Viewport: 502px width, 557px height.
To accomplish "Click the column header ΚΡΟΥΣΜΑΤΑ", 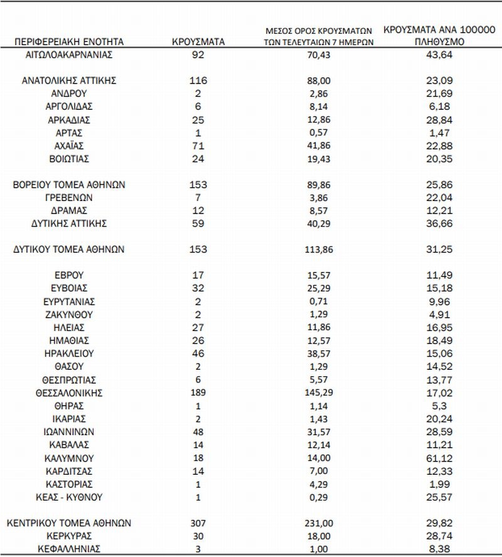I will [x=198, y=42].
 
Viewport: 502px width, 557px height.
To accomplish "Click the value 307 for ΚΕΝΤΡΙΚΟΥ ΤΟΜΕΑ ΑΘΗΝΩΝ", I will [x=198, y=523].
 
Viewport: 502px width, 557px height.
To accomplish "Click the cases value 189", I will [x=198, y=393].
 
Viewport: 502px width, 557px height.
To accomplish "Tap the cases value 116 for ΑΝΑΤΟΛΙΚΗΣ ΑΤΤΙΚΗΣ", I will [x=198, y=80].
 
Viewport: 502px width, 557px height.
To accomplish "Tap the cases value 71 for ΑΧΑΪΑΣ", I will [x=198, y=146].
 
